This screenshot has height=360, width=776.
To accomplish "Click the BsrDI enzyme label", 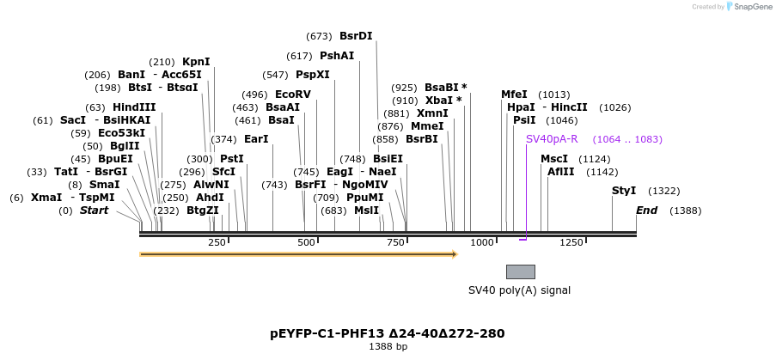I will tap(356, 36).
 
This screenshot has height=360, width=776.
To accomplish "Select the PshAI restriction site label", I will tap(337, 56).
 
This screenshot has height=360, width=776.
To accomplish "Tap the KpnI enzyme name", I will tap(196, 62).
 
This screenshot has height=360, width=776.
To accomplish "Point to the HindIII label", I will tap(134, 107).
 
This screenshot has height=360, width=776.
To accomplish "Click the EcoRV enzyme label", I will tap(293, 95).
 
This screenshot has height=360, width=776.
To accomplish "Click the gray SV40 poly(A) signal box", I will tap(521, 272).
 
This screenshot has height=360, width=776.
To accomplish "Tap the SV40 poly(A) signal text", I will tap(519, 290).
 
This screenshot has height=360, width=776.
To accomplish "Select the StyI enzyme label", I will tap(624, 191).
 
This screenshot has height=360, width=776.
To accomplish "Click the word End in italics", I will tap(646, 211).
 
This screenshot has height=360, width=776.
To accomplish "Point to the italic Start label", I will tap(95, 211).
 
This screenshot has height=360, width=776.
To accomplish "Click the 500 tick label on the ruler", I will tap(307, 242).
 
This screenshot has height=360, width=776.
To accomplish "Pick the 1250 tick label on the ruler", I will tap(571, 242).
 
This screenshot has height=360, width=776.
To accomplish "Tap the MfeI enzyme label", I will tap(514, 95).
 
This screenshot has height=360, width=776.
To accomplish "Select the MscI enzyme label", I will tap(554, 159).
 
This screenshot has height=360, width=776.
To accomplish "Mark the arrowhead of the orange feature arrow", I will tap(454, 254).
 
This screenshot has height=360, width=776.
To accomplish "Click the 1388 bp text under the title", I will tap(388, 346).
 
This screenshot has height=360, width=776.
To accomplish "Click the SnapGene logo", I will tap(749, 7).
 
